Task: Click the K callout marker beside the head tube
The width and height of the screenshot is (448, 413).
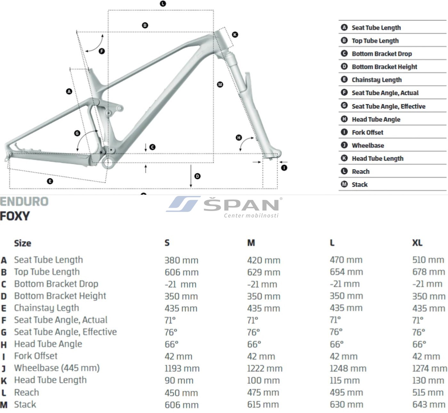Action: (235, 35)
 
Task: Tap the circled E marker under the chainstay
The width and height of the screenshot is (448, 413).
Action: (50, 181)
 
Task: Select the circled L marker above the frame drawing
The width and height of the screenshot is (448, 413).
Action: (163, 4)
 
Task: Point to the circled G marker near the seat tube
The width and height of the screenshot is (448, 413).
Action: (77, 133)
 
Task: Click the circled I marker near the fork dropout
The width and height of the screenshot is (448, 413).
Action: (284, 168)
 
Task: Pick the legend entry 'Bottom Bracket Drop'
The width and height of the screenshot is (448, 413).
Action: (382, 54)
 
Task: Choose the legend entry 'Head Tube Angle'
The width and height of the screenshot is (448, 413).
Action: (376, 119)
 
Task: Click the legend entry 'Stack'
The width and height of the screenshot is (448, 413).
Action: (360, 185)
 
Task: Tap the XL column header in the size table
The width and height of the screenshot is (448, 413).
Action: (417, 243)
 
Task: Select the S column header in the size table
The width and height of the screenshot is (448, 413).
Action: (167, 243)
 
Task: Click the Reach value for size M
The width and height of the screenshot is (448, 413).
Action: (263, 393)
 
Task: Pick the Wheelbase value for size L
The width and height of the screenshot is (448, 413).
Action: (348, 368)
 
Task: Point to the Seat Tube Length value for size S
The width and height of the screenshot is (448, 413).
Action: (181, 260)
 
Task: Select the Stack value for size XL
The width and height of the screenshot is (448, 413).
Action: (429, 404)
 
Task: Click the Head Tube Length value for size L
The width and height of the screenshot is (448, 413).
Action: (345, 380)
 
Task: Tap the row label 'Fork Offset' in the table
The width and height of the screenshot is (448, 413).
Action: (36, 356)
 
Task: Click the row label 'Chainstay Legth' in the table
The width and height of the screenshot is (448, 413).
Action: (46, 308)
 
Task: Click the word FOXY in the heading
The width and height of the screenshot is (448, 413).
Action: (15, 216)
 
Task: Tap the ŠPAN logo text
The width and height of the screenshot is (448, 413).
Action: (241, 205)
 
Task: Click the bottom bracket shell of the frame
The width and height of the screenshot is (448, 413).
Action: (108, 162)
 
